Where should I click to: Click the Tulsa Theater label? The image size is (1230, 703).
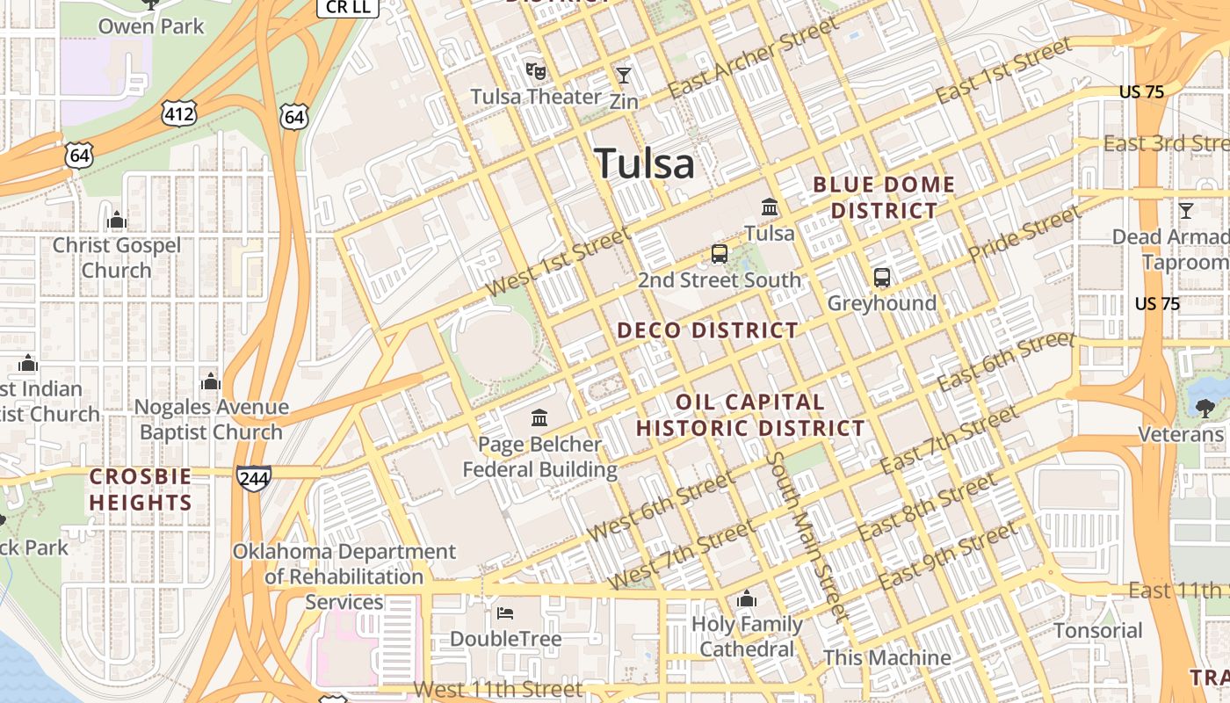pos(536,97)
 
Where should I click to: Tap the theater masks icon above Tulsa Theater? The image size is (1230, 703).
pos(536,69)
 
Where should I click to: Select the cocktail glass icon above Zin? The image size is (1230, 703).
pos(624,75)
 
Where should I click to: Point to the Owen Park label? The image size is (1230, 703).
pos(151,26)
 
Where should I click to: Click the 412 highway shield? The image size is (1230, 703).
pos(178,112)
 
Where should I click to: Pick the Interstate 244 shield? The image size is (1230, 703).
pos(253,478)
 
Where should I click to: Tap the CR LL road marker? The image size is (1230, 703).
pos(347,8)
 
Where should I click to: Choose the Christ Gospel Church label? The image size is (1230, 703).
pos(116,257)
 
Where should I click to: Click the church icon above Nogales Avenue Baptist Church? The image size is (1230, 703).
pos(211,381)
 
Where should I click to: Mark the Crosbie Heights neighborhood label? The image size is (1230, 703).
pos(141,489)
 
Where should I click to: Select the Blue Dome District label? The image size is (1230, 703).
pos(884,198)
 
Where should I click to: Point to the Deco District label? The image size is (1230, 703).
pos(707,330)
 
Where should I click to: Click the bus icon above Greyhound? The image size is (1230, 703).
pos(882,278)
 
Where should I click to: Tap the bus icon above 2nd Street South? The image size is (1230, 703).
pos(720,254)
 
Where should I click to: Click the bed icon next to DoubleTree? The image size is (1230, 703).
pos(505,612)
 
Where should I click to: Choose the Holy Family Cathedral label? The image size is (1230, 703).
pos(747,637)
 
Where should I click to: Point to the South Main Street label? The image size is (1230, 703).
pos(805,536)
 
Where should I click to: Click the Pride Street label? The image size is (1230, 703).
pos(1023,234)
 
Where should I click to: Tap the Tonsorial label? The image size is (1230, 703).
pos(1098,631)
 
